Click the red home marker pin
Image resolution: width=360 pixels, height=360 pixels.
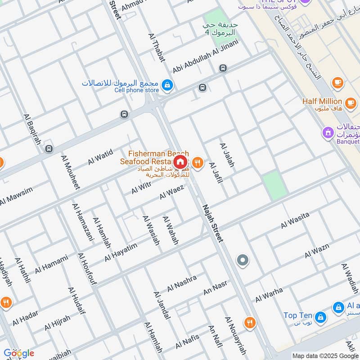coord(180,162)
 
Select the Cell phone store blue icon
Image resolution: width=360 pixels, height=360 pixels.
coord(167,84)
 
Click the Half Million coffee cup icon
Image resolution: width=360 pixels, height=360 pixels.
coord(337,82)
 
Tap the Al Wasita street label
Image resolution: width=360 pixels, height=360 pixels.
coord(295,220)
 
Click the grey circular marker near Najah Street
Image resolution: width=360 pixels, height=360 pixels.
coord(243,260)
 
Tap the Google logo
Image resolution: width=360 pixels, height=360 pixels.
coord(18,353)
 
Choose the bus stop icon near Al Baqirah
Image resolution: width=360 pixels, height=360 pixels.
coord(49,148)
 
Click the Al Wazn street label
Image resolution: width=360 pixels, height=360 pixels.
coord(317,251)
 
